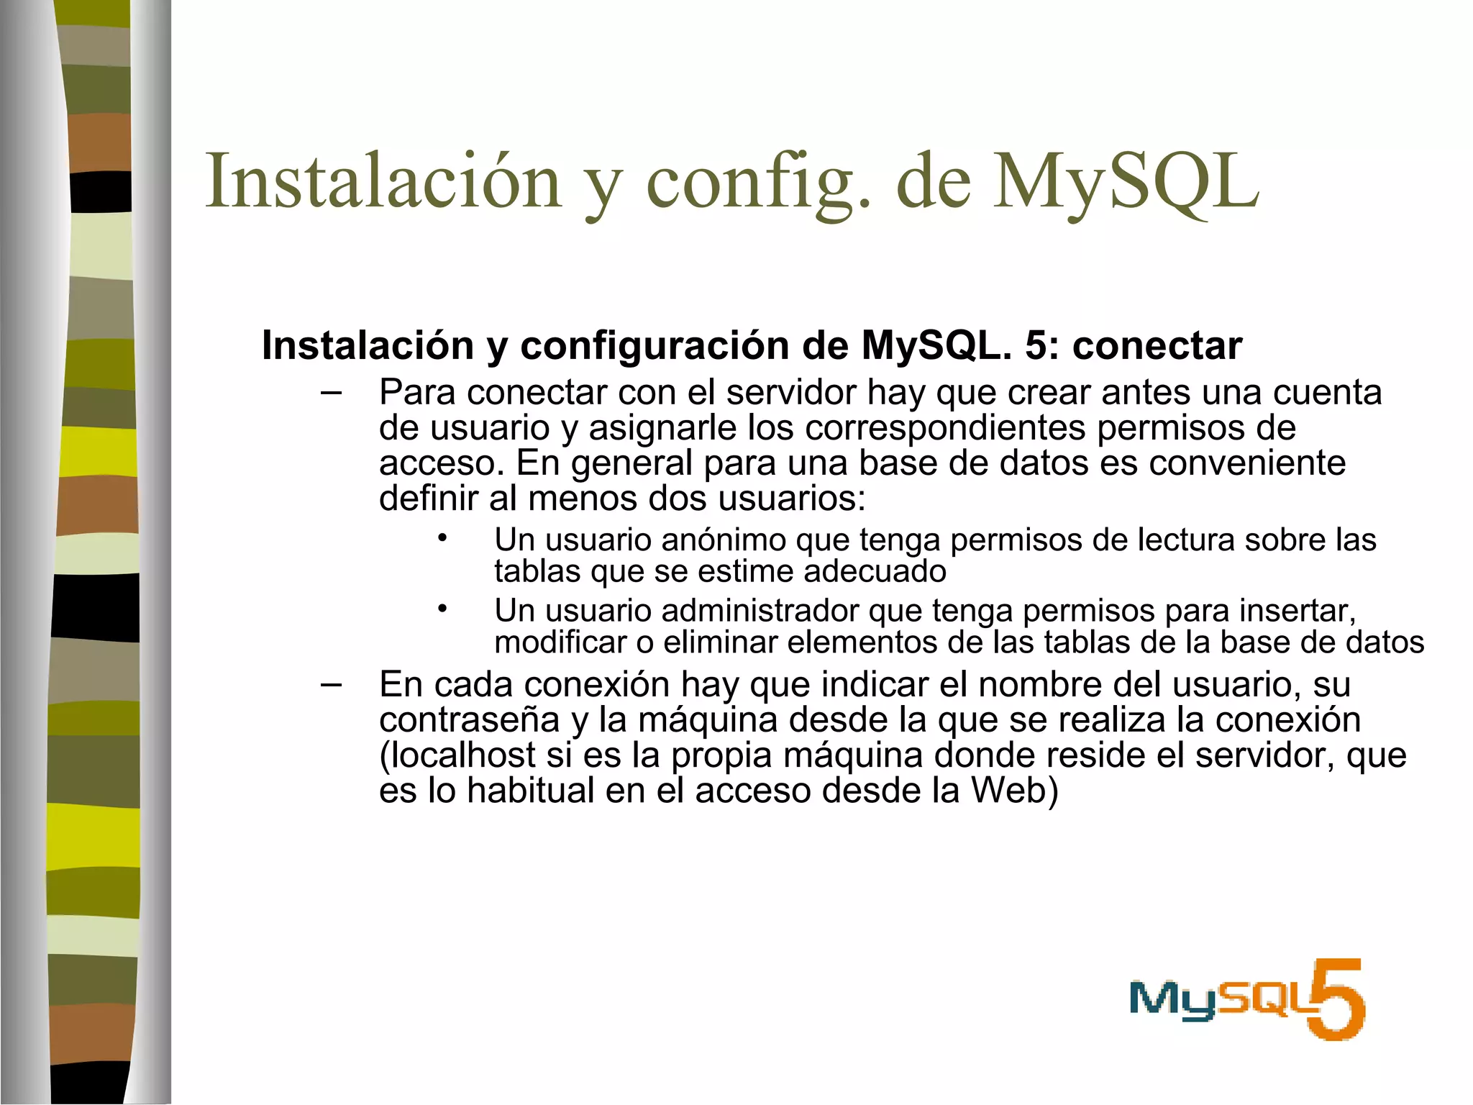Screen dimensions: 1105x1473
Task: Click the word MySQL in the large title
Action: tap(1126, 181)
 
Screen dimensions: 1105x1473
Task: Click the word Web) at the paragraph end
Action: tap(1014, 791)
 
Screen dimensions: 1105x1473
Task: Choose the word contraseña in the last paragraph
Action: tap(469, 720)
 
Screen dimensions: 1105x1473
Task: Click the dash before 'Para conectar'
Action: tap(331, 393)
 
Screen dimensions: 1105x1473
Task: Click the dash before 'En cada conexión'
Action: tap(331, 684)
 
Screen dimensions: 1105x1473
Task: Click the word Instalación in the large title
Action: tap(383, 181)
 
